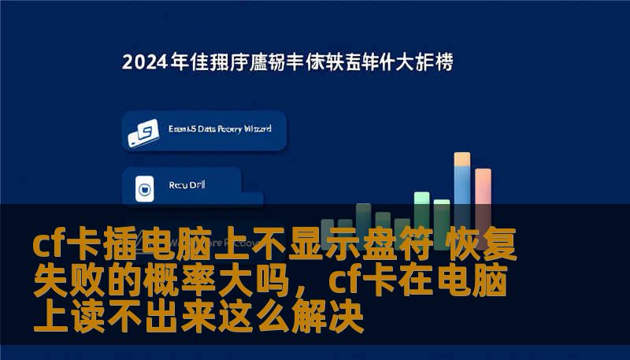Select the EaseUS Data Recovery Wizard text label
pos(220,128)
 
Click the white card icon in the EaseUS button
pos(144,134)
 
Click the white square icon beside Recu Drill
pos(144,188)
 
